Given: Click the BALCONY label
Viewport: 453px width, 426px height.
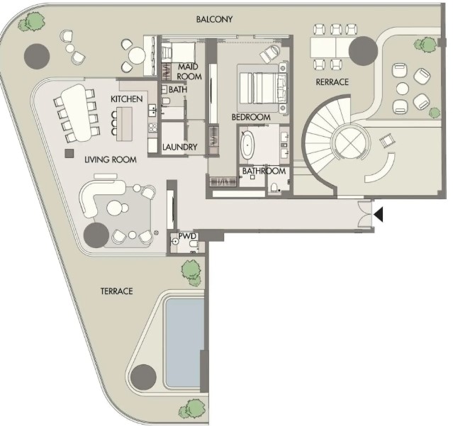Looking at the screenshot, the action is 214,19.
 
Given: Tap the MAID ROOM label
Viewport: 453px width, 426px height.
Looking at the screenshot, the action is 189,72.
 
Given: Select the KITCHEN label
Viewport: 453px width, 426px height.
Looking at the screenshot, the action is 126,99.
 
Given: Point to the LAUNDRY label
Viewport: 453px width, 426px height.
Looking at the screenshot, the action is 179,147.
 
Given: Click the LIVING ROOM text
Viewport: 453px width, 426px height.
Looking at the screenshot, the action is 111,159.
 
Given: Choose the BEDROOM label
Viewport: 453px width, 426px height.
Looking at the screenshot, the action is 251,117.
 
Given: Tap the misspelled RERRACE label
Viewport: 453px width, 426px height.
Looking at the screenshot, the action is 332,82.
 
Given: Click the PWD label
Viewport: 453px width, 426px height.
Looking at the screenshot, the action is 187,236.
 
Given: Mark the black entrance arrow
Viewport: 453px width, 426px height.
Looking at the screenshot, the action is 379,214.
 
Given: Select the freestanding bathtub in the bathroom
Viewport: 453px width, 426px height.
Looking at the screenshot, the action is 247,145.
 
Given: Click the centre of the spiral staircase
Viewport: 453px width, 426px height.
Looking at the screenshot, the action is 351,142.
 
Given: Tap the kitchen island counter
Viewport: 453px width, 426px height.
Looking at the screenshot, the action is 125,124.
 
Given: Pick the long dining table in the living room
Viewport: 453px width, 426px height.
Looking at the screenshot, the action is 76,113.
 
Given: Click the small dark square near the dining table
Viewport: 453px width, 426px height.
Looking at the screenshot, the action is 69,153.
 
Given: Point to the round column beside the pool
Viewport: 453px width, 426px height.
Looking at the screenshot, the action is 144,377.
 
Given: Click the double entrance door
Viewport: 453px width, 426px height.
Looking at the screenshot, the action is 365,214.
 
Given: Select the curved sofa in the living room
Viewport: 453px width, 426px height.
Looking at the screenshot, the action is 99,194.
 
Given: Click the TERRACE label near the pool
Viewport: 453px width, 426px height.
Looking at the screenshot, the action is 117,291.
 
